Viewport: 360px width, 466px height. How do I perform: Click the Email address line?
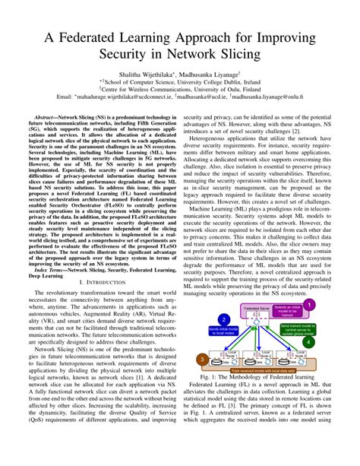coord(180,105)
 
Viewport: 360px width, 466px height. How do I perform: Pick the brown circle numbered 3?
coord(202,359)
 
